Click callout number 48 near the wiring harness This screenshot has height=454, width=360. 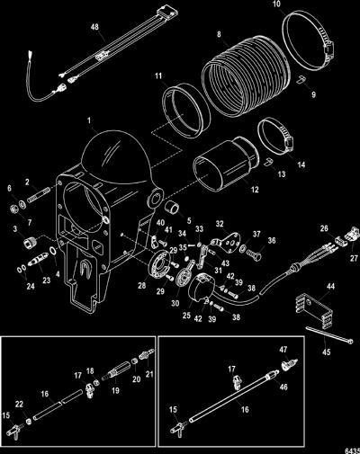[x=94, y=27]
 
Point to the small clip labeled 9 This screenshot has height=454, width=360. [x=301, y=79]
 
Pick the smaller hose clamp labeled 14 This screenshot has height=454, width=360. [x=275, y=134]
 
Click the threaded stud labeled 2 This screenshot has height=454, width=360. [x=39, y=196]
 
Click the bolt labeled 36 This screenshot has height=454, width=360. [x=254, y=255]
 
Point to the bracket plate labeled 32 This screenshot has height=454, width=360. [x=226, y=240]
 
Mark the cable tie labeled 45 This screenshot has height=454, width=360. [x=329, y=335]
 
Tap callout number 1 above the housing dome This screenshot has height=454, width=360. [x=89, y=120]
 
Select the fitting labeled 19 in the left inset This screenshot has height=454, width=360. [x=116, y=371]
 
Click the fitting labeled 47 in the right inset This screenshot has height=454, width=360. [x=290, y=364]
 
